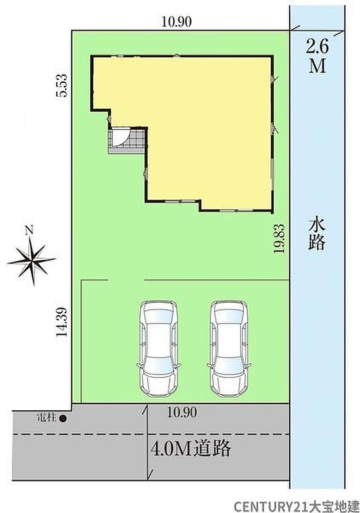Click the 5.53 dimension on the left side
(x=62, y=85)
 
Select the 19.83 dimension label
(x=279, y=238)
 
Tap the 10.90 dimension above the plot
(x=176, y=22)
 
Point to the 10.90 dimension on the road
(x=182, y=412)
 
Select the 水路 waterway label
(x=316, y=235)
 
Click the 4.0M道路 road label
(x=191, y=449)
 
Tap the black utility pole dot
(x=63, y=418)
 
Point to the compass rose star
(x=32, y=260)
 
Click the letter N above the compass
(x=30, y=230)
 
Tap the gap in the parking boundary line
(x=126, y=280)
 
